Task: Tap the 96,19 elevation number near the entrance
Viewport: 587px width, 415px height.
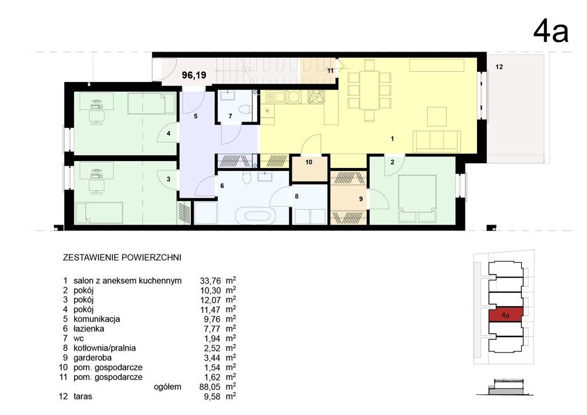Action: tap(194, 75)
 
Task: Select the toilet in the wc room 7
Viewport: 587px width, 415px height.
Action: tap(245, 109)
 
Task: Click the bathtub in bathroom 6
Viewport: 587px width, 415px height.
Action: tap(256, 216)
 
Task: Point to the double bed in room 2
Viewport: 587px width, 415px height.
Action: tap(418, 199)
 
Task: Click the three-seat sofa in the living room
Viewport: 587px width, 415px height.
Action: tap(436, 142)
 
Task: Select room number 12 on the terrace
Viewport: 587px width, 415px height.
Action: tap(499, 67)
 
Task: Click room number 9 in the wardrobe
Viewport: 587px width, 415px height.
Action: tap(361, 199)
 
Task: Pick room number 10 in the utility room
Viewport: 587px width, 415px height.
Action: tap(309, 162)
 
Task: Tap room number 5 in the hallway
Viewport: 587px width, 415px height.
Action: tap(195, 116)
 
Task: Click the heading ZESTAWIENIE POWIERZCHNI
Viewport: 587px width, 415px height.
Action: tap(122, 258)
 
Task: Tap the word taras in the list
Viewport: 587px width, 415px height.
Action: tap(83, 396)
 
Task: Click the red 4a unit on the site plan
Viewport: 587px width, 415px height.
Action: tap(506, 315)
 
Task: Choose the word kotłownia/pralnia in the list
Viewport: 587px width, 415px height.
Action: tap(104, 348)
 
